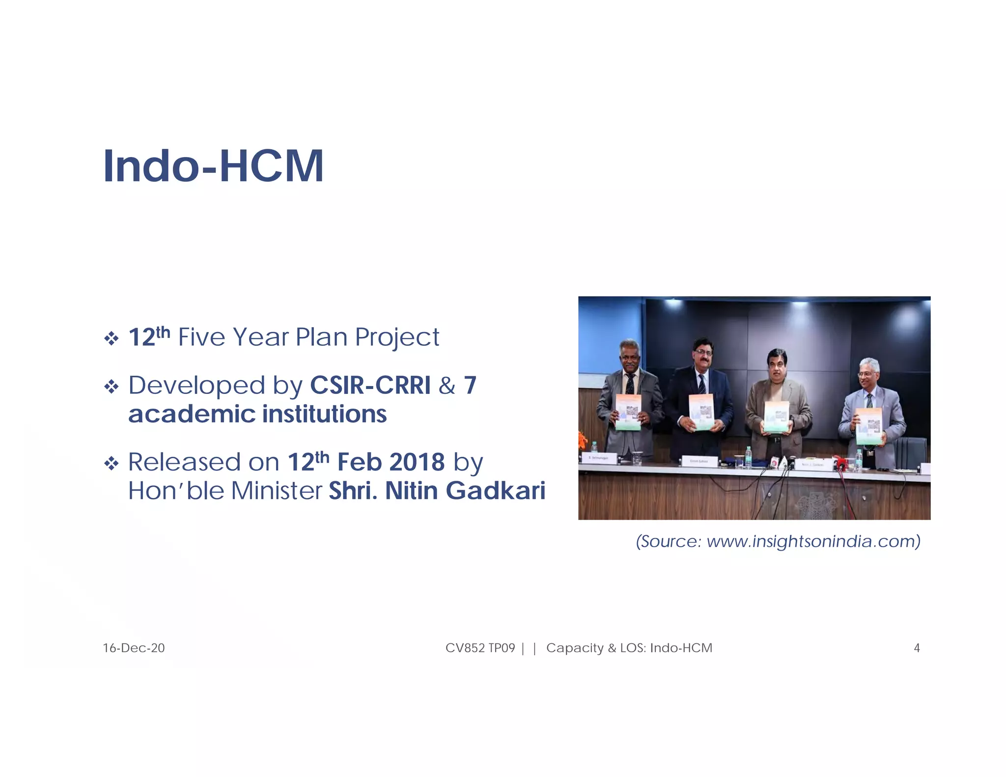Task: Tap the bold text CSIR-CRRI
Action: pos(370,386)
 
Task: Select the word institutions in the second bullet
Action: pos(324,414)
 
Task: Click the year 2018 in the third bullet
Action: pos(417,462)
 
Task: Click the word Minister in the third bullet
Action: pos(277,491)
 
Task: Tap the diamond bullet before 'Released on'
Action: pos(112,463)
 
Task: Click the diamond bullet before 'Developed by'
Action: pos(112,387)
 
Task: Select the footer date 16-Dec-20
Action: pos(134,648)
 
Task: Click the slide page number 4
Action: pos(916,648)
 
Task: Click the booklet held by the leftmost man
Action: pos(628,412)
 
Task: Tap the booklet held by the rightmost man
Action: pos(868,426)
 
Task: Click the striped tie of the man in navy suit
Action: pos(701,384)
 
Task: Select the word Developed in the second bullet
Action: pos(196,386)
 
